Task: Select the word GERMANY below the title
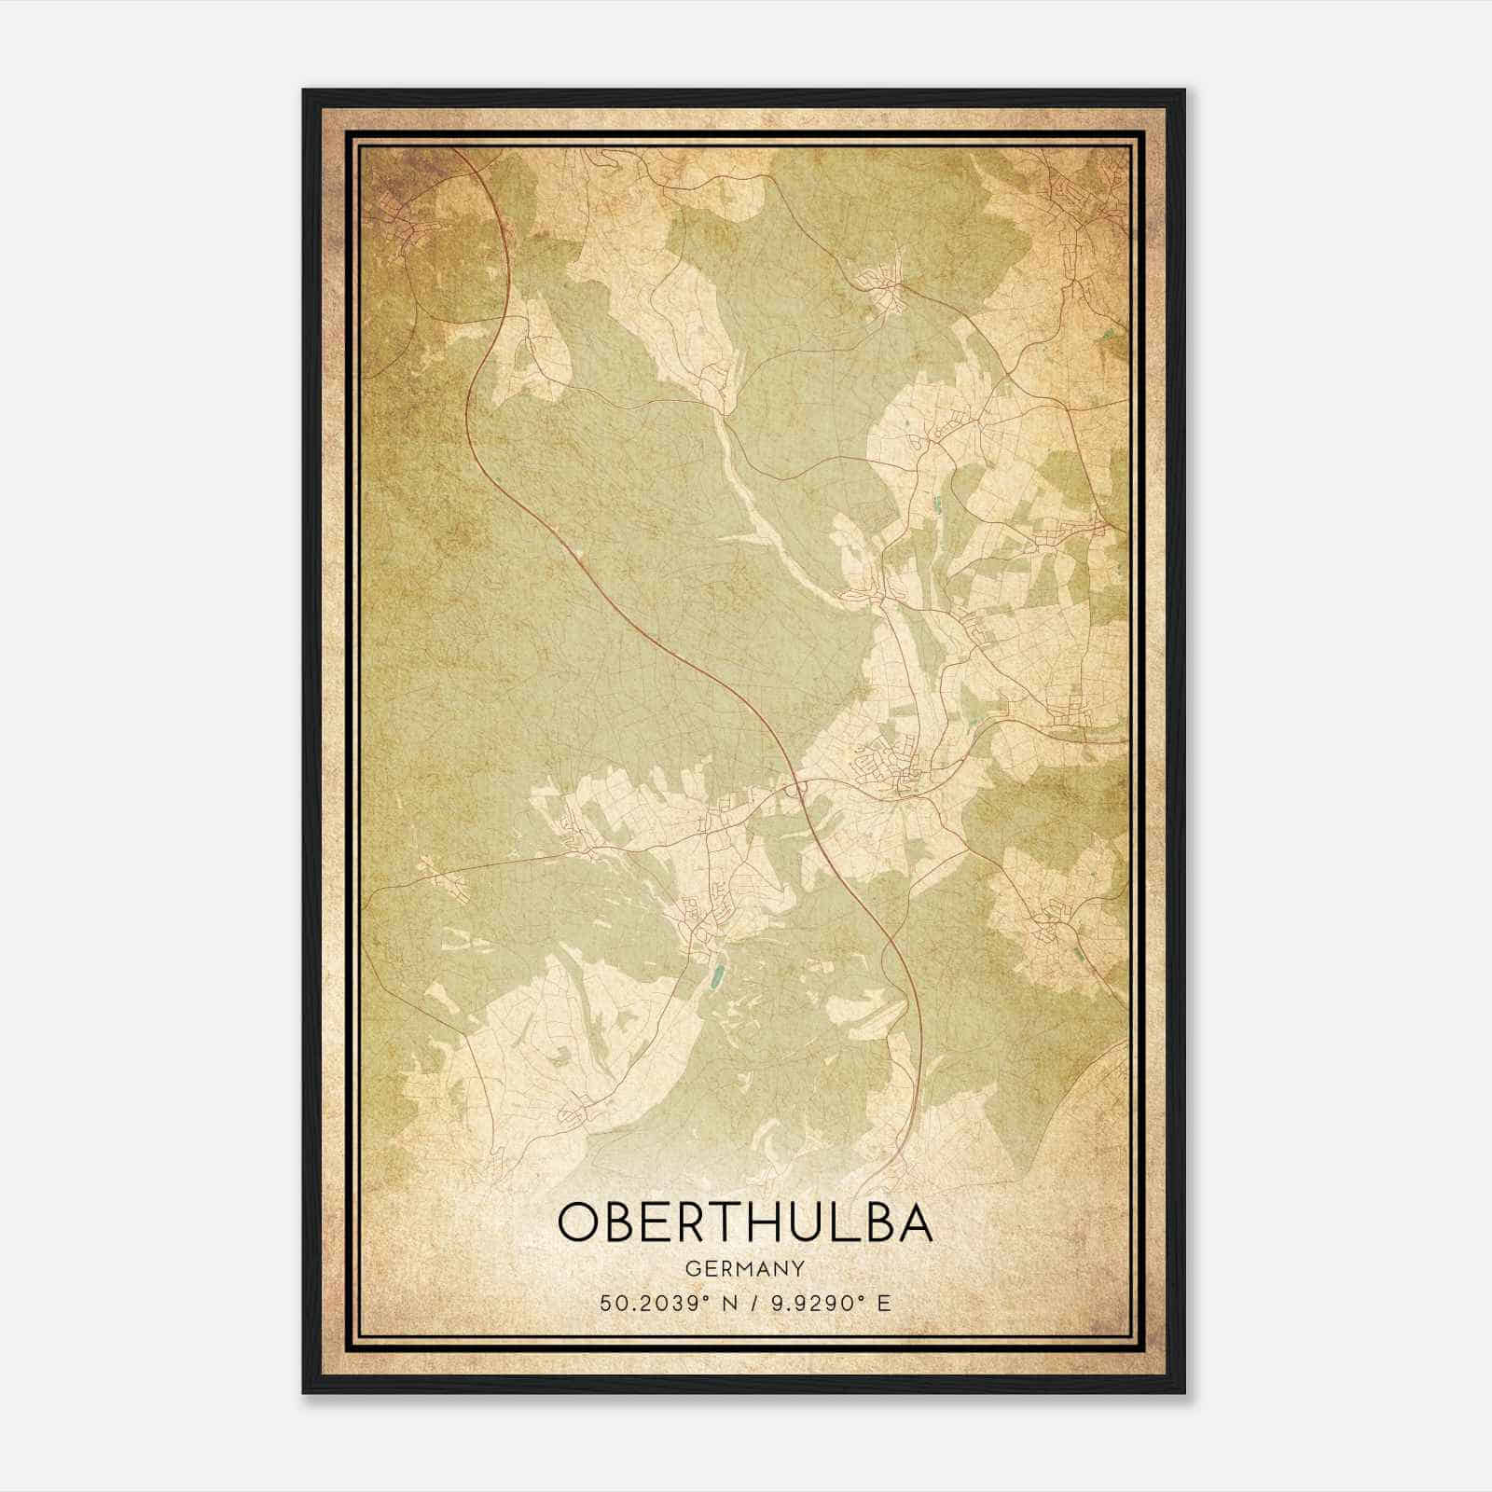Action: click(744, 1268)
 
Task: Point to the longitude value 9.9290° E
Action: click(831, 1303)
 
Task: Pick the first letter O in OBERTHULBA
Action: click(580, 1223)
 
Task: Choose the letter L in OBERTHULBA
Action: click(836, 1223)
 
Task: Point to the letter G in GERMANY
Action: click(691, 1268)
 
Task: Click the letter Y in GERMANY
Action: click(798, 1268)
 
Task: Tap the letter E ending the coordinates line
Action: click(884, 1303)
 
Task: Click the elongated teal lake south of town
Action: click(716, 977)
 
